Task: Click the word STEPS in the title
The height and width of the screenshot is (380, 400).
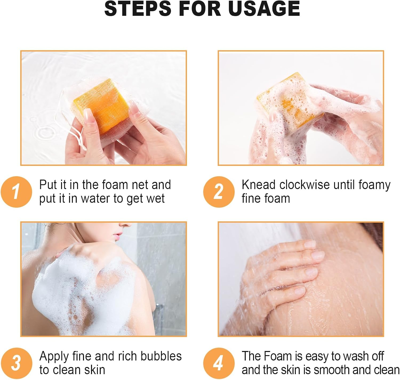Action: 138,9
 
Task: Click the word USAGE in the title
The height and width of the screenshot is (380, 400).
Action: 264,9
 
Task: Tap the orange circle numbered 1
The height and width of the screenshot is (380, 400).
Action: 16,192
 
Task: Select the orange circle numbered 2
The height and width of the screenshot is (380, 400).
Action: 219,192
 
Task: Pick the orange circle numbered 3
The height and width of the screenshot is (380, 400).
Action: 16,363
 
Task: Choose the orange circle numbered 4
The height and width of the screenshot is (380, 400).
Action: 219,363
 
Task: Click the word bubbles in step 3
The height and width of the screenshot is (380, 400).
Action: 161,356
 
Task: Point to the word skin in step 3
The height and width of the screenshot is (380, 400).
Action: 95,370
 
